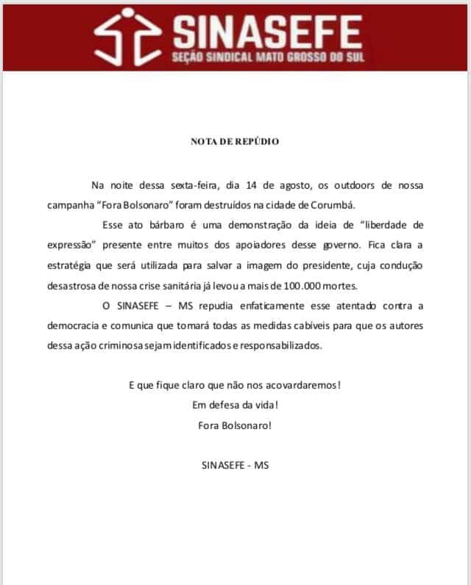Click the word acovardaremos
302,384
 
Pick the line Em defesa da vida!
235,404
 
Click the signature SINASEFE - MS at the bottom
235,465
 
